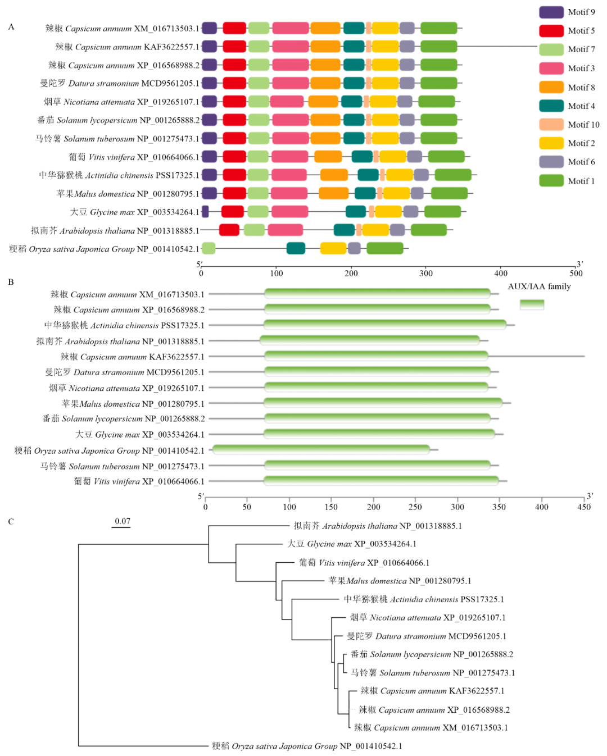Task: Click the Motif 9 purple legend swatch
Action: click(551, 12)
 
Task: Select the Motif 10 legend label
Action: click(583, 125)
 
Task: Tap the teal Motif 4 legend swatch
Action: click(551, 106)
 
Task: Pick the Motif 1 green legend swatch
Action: click(551, 181)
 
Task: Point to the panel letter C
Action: click(11, 521)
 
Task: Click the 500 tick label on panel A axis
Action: click(576, 274)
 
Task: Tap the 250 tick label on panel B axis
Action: click(415, 507)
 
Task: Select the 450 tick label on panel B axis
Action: click(584, 507)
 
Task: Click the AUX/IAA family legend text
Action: click(538, 286)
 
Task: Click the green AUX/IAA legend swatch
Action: click(531, 304)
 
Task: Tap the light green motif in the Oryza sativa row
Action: click(209, 248)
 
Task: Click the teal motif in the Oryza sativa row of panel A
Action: click(296, 248)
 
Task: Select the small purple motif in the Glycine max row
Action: click(205, 212)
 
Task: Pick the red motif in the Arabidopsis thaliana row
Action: click(229, 230)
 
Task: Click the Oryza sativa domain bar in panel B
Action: click(321, 450)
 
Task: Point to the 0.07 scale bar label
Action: click(123, 521)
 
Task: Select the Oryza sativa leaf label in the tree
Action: click(307, 746)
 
